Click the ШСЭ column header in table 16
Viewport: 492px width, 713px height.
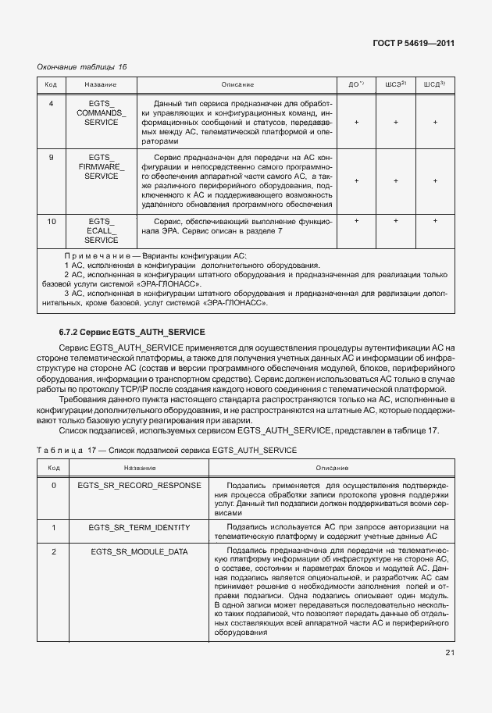coord(396,84)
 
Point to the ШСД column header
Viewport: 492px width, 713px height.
coord(435,84)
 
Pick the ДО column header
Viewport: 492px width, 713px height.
coord(356,84)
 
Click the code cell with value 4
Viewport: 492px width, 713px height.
coord(52,103)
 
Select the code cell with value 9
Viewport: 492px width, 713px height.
coord(52,158)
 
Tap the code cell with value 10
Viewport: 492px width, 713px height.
coord(52,222)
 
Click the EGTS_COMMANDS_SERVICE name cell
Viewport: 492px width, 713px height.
coord(101,113)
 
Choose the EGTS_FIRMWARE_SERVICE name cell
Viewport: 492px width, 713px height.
coord(101,167)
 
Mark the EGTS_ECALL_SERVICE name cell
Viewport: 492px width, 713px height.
coord(101,231)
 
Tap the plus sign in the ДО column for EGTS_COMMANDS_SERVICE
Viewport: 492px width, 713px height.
coord(356,123)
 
